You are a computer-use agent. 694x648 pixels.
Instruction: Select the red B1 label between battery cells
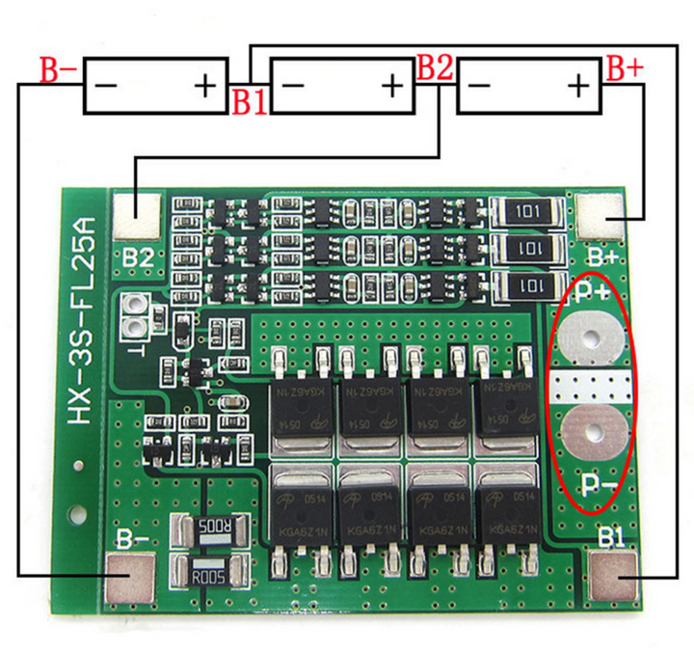[x=248, y=101]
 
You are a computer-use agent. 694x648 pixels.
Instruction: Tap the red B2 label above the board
[x=434, y=68]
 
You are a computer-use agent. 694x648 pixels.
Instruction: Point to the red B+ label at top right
[x=624, y=69]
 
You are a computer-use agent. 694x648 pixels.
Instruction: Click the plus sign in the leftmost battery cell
[x=205, y=87]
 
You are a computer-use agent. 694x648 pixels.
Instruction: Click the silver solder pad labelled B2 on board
[x=137, y=217]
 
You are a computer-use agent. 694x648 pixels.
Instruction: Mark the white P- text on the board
[x=594, y=484]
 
